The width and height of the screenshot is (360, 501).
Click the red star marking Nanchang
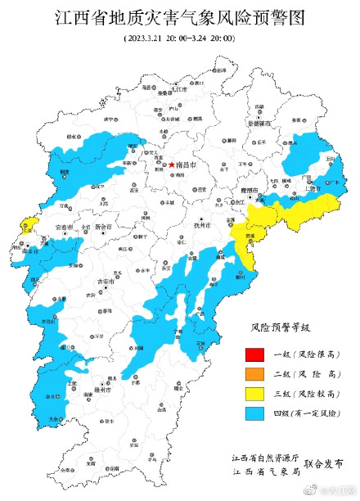coord(171,165)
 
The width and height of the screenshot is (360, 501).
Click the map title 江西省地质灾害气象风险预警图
coord(179,18)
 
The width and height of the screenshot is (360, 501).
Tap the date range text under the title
coord(179,38)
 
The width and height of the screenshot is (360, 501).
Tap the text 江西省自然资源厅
coord(266,457)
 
